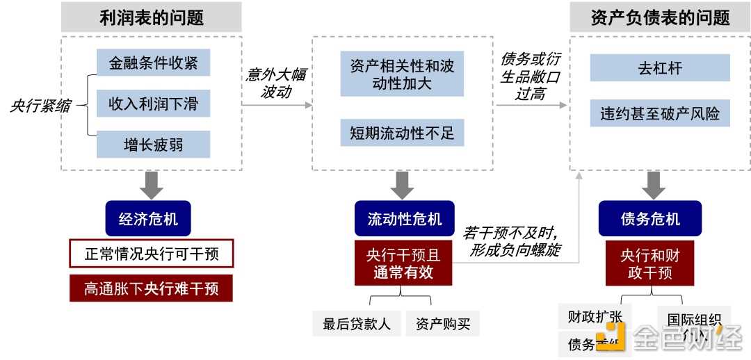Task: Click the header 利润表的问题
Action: tap(151, 17)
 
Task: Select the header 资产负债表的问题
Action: tap(659, 17)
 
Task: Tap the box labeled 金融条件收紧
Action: tap(153, 63)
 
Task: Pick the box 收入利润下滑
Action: tap(153, 104)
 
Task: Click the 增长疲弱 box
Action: tap(153, 145)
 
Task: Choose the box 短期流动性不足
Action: tap(402, 132)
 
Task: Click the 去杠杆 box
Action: tap(659, 69)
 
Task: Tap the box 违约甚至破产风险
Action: tap(659, 114)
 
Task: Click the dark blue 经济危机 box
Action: tap(148, 219)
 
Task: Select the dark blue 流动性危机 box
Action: tap(404, 219)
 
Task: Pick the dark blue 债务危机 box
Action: tap(650, 219)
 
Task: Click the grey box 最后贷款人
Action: tap(356, 324)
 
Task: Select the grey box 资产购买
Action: tap(443, 324)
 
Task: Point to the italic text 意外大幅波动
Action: tap(276, 83)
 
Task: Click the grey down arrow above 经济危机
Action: tap(151, 184)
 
